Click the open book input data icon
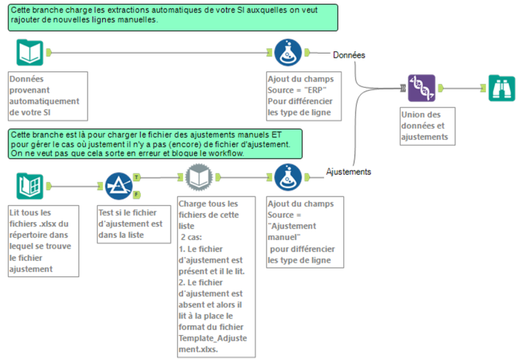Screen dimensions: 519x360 coord(30,52)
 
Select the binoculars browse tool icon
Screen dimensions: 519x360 coord(502,88)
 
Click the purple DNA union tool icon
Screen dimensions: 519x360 coord(421,88)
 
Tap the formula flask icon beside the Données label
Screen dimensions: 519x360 coord(288,52)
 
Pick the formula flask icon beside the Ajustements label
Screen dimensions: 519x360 coord(288,177)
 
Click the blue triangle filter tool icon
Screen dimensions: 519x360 coord(119,186)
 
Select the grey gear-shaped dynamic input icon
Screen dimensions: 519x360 coord(198,177)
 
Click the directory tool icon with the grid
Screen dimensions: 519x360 coord(30,186)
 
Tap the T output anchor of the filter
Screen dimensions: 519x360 coord(136,178)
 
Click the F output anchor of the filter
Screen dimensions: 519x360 coord(136,195)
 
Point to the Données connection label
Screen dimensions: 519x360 coord(349,55)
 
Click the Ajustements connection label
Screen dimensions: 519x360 coord(348,171)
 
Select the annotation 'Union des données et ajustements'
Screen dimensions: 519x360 coord(428,126)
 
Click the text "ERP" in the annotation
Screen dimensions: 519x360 coord(315,90)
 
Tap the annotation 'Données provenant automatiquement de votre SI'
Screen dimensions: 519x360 coord(48,96)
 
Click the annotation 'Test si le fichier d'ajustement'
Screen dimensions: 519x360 coord(133,224)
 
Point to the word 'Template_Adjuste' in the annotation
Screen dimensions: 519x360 coord(213,338)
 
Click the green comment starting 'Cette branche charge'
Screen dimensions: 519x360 coord(173,18)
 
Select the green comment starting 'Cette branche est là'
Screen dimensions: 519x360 coord(155,144)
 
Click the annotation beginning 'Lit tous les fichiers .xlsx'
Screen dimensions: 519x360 coord(44,241)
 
